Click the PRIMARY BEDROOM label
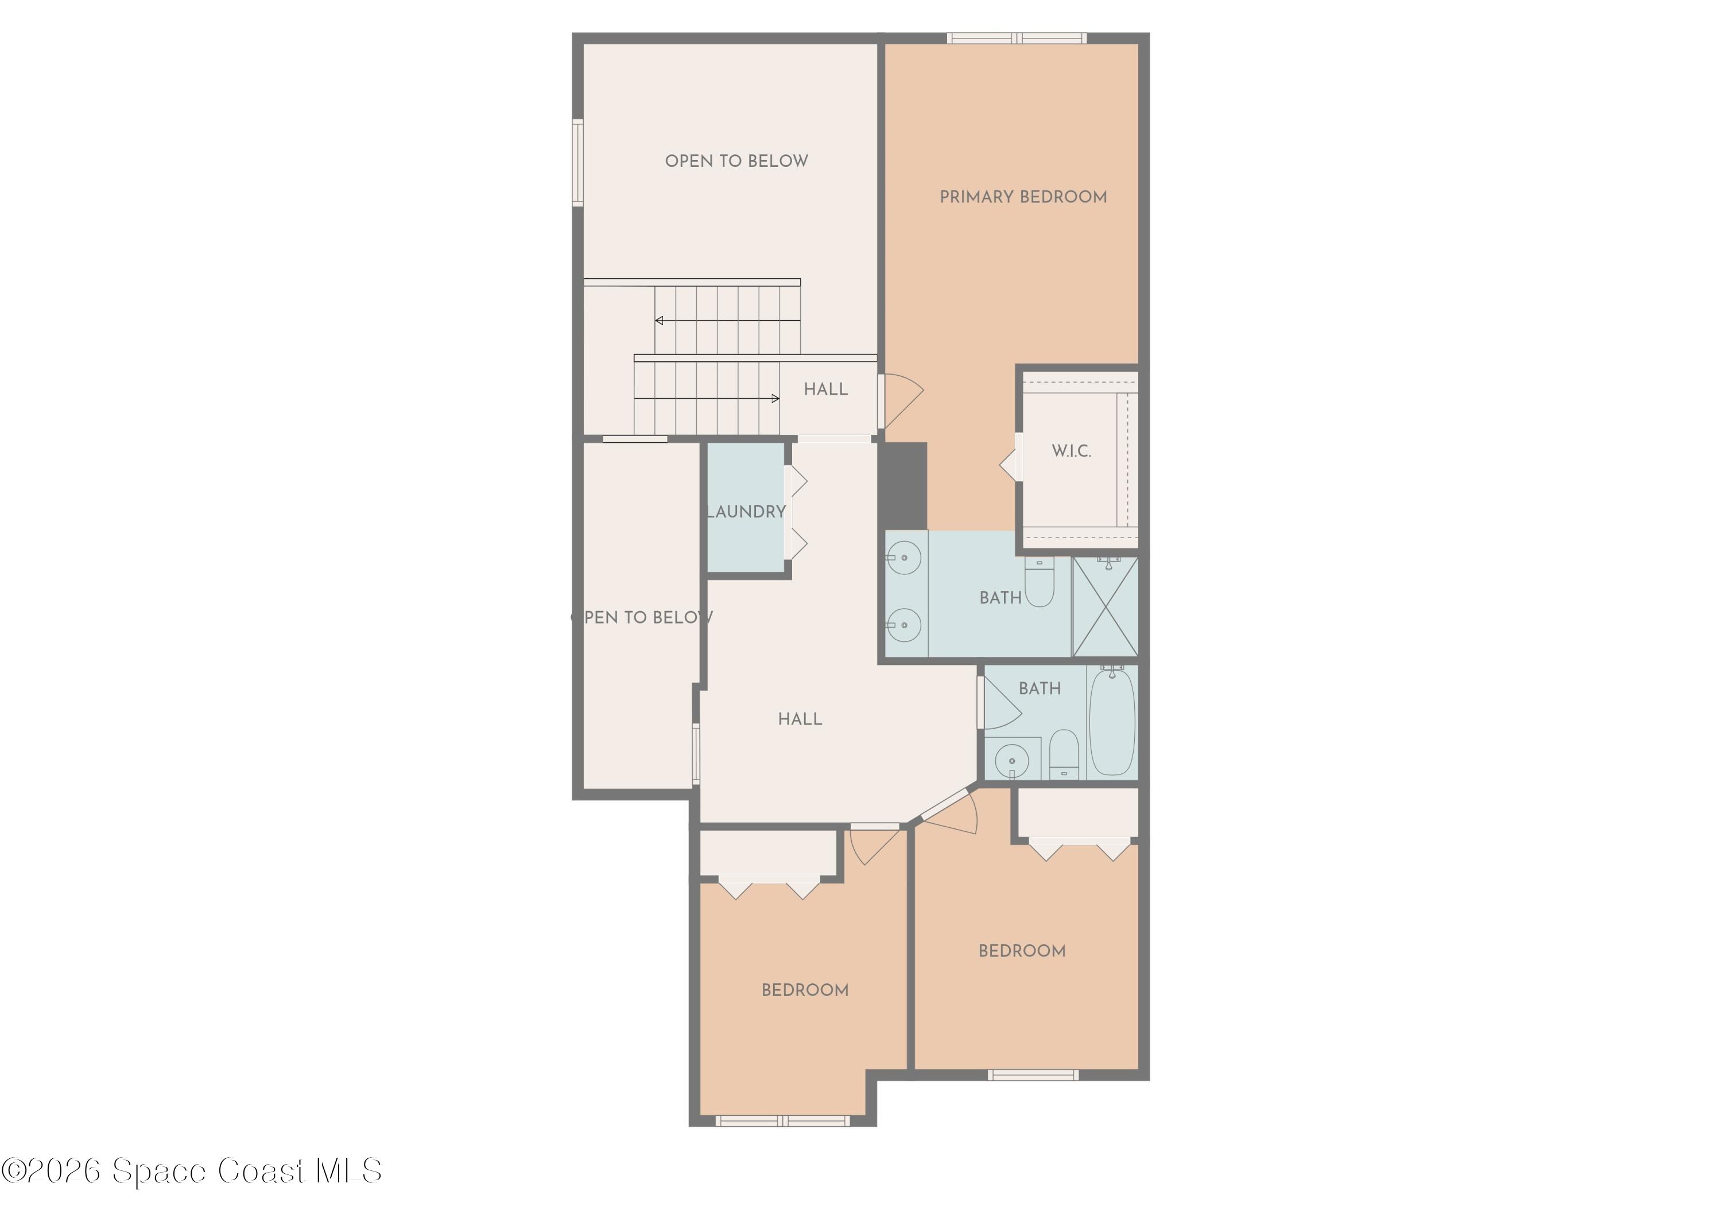point(1023,197)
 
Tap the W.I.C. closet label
point(1071,452)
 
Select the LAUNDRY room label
point(746,512)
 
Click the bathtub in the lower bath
point(1112,722)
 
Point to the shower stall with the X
point(1106,607)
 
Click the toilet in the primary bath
point(1040,583)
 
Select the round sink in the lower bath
point(1012,760)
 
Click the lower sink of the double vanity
point(904,625)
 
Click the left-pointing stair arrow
point(660,321)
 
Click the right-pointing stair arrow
point(775,399)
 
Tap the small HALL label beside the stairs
point(825,390)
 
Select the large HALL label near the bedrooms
point(800,719)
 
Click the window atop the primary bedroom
point(1017,38)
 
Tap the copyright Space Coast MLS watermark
point(192,1171)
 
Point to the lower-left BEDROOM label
point(804,990)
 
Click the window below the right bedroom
point(1033,1075)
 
